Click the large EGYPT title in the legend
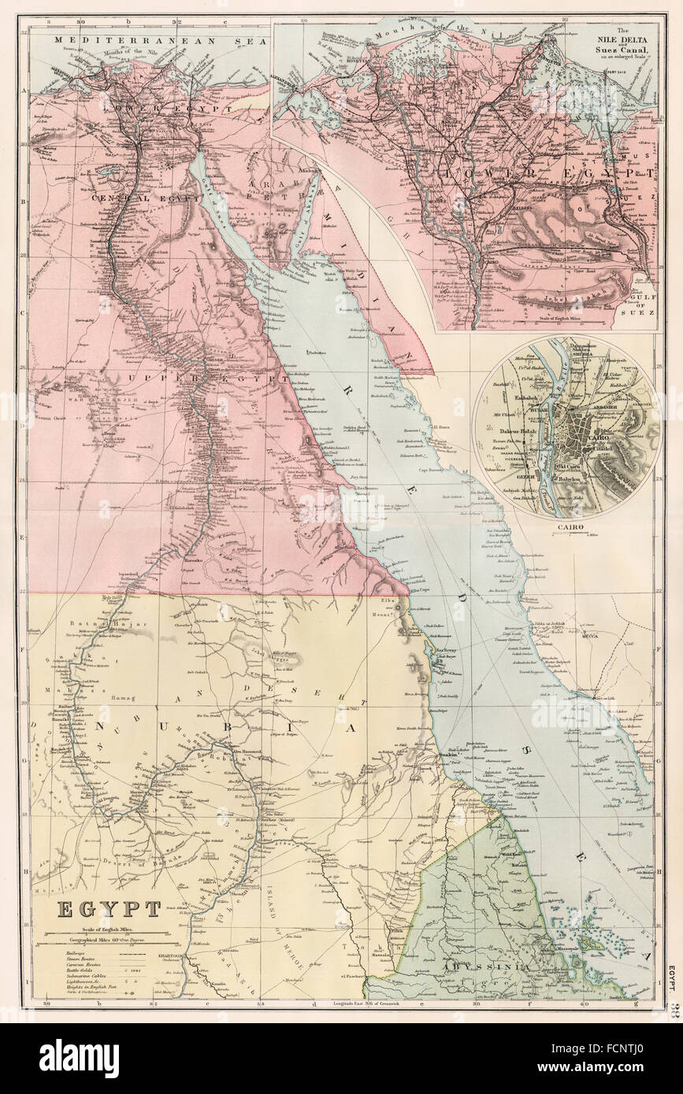(109, 909)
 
